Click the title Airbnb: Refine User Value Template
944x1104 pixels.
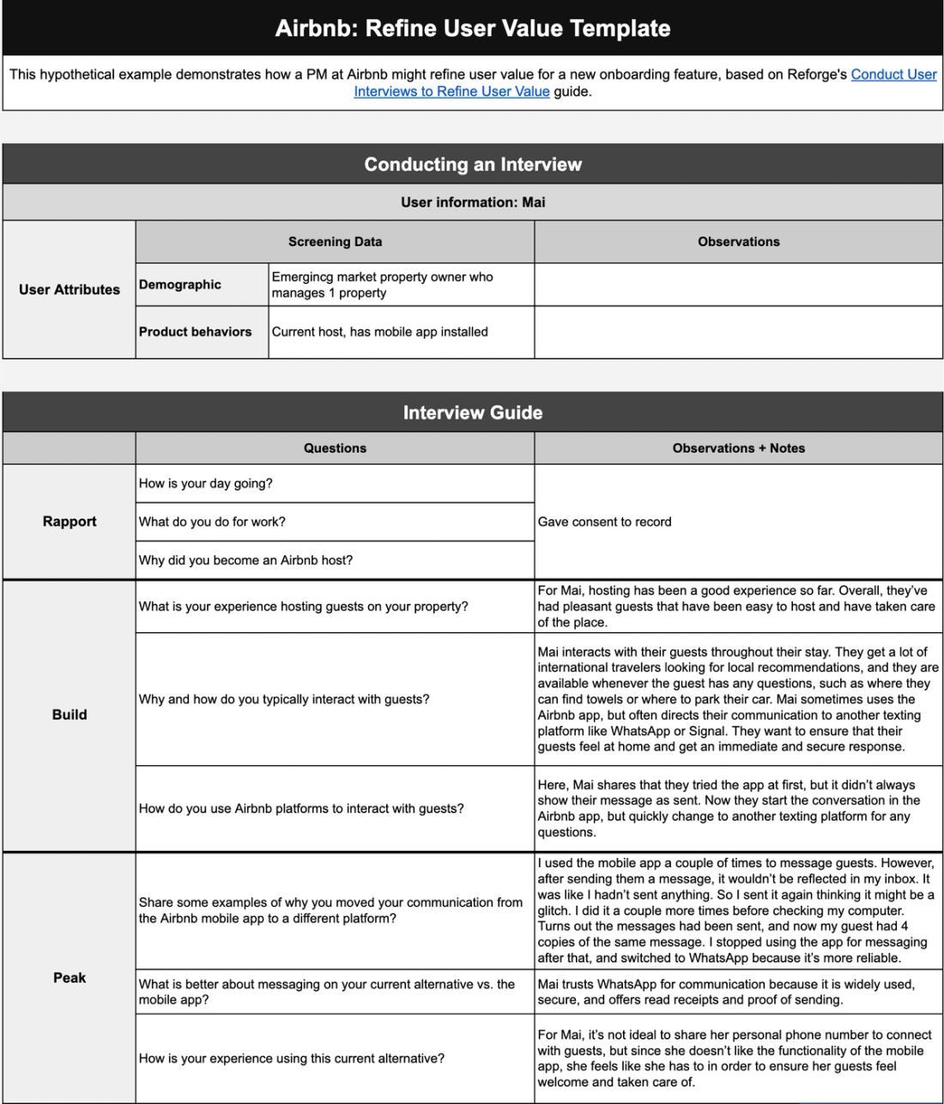472,28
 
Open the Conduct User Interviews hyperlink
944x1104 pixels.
893,75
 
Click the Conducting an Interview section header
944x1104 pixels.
472,164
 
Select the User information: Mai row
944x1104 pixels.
472,202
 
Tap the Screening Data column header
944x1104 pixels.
335,242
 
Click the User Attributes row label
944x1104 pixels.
70,290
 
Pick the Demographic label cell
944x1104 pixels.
180,285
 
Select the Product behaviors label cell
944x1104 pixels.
196,332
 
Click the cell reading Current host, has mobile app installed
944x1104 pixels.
379,332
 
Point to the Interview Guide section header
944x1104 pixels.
472,413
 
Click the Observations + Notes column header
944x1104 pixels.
738,448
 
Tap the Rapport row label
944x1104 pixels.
70,522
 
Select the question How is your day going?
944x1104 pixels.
206,484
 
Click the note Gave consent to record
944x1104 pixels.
604,522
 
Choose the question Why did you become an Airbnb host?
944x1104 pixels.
245,560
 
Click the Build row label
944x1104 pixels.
70,715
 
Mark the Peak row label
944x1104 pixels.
70,978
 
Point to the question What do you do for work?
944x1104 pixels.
212,522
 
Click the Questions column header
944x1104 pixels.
335,448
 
